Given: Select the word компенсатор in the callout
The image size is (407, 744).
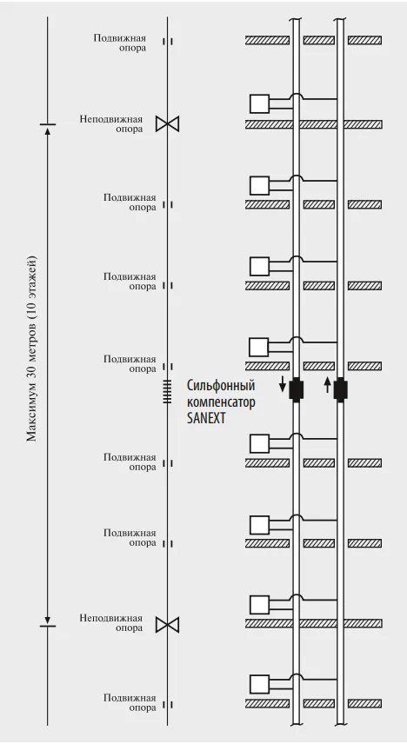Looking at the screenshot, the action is pyautogui.click(x=221, y=402).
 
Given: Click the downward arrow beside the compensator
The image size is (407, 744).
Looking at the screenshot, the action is pyautogui.click(x=283, y=384).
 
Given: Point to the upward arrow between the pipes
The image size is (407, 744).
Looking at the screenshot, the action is pyautogui.click(x=327, y=384).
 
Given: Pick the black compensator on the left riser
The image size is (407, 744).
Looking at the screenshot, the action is pyautogui.click(x=296, y=389).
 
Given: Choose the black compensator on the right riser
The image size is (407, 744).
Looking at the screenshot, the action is pyautogui.click(x=340, y=389).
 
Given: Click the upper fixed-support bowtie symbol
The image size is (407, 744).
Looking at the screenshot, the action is pyautogui.click(x=168, y=124).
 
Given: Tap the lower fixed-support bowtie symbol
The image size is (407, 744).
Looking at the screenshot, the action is pyautogui.click(x=168, y=626).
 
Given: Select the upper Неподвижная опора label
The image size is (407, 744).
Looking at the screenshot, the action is pyautogui.click(x=111, y=123).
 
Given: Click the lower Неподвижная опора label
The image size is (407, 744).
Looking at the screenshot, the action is pyautogui.click(x=111, y=623).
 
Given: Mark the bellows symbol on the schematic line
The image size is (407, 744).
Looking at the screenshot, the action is pyautogui.click(x=167, y=392).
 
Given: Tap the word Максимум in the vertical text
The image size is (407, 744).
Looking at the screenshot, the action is pyautogui.click(x=32, y=413).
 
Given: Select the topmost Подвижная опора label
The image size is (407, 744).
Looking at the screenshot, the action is pyautogui.click(x=120, y=43).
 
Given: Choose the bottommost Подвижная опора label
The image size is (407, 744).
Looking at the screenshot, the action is pyautogui.click(x=130, y=703).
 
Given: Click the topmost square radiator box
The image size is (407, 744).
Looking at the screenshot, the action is pyautogui.click(x=259, y=103).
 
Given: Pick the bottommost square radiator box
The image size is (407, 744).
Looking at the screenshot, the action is pyautogui.click(x=259, y=684).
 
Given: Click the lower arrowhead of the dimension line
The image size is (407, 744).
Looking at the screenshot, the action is pyautogui.click(x=48, y=622).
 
